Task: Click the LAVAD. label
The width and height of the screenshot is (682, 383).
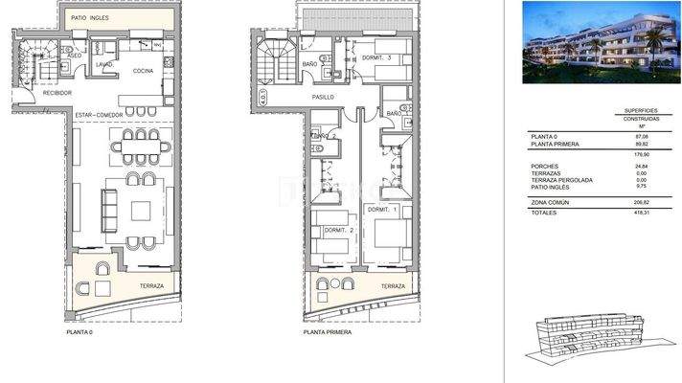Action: pos(105,65)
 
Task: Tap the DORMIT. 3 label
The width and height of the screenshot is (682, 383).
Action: pos(378,59)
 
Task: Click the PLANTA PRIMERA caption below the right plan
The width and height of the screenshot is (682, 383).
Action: pos(329,332)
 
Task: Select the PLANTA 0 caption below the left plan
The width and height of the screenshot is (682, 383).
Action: pos(80,332)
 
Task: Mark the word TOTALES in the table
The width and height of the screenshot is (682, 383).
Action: pos(545,214)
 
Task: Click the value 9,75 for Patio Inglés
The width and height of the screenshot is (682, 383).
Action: pos(629,187)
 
